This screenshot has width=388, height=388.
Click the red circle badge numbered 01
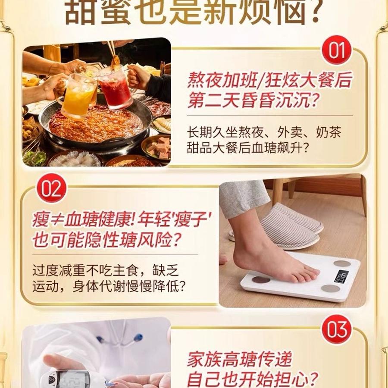[337, 50]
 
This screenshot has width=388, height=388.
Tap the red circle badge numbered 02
[52, 188]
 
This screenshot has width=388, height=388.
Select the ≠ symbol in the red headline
[57, 221]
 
